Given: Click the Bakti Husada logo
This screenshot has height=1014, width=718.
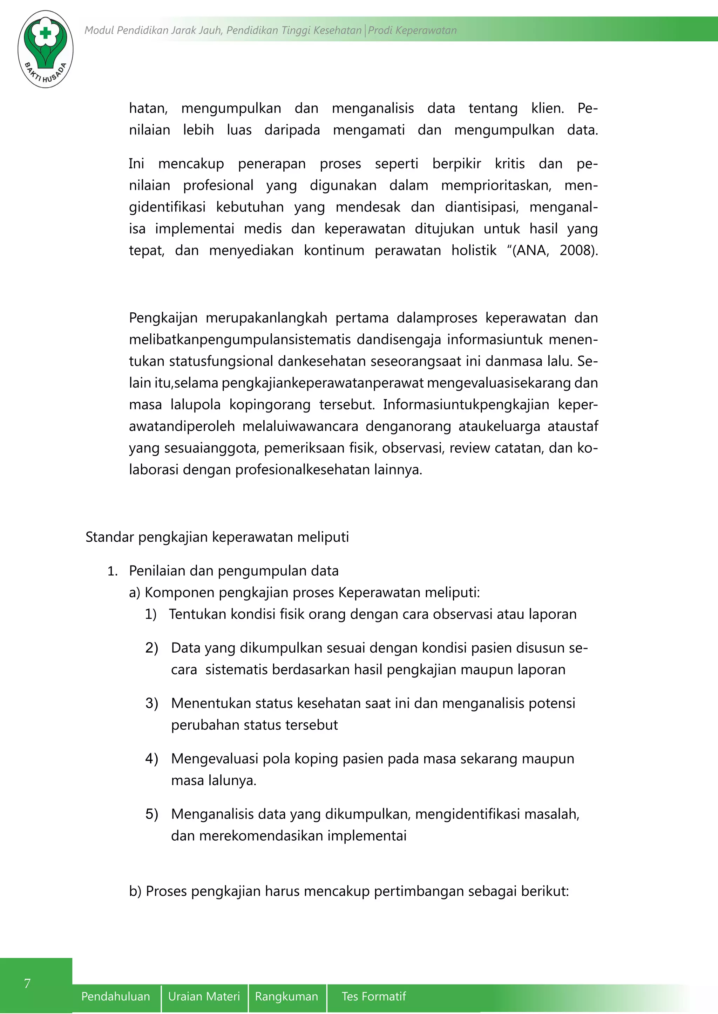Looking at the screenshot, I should click(x=46, y=49).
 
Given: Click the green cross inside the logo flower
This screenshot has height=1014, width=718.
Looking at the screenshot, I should click(x=45, y=33).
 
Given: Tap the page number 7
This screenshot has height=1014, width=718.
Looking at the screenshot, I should click(x=27, y=983).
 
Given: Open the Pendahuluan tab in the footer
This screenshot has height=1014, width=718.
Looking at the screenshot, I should click(x=115, y=996).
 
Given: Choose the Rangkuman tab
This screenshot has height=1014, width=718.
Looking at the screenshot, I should click(x=286, y=996).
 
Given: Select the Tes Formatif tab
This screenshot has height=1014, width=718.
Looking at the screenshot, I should click(x=374, y=996).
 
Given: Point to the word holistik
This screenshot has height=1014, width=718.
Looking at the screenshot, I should click(x=474, y=250).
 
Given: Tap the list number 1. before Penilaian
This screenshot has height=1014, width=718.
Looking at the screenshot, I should click(x=112, y=571).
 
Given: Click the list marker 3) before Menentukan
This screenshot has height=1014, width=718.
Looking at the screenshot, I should click(x=152, y=703).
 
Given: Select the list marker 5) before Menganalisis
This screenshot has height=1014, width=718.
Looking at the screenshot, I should click(x=152, y=814).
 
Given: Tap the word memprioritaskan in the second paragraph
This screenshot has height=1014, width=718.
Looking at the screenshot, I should click(x=496, y=186).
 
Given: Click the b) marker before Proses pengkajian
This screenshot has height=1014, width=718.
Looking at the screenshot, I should click(x=135, y=891).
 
